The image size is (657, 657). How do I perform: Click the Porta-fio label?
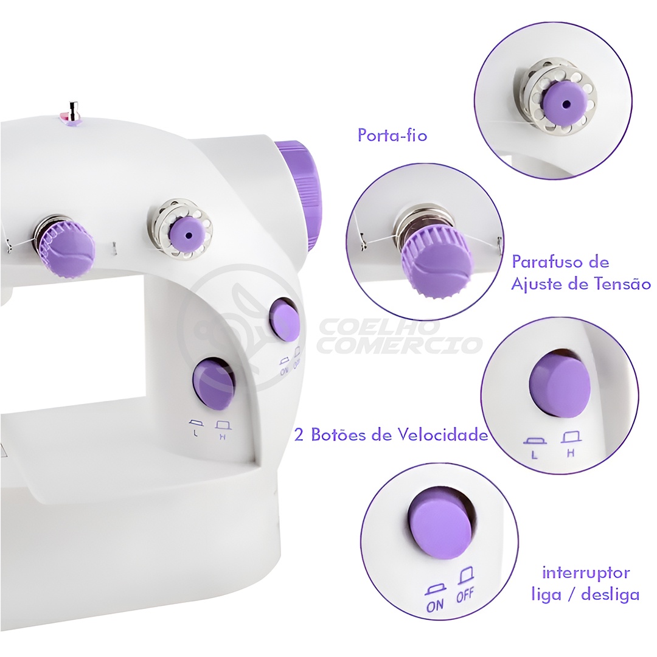tap(392, 135)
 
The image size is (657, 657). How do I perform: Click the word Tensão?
tap(620, 283)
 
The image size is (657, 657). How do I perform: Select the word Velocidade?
tap(442, 434)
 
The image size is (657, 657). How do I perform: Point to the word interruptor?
tap(586, 572)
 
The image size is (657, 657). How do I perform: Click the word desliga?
tap(611, 594)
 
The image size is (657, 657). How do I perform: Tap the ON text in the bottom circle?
tap(435, 605)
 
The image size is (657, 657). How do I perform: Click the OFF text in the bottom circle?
tap(465, 595)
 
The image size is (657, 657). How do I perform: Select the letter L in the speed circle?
tap(534, 455)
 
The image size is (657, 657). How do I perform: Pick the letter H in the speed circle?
tap(570, 453)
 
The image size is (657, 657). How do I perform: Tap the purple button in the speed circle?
tap(560, 384)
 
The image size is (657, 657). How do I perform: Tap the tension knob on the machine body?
tap(67, 248)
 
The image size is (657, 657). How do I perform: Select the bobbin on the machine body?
tap(180, 229)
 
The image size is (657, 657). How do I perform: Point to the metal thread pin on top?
tap(74, 111)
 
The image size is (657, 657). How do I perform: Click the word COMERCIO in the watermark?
tap(398, 345)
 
